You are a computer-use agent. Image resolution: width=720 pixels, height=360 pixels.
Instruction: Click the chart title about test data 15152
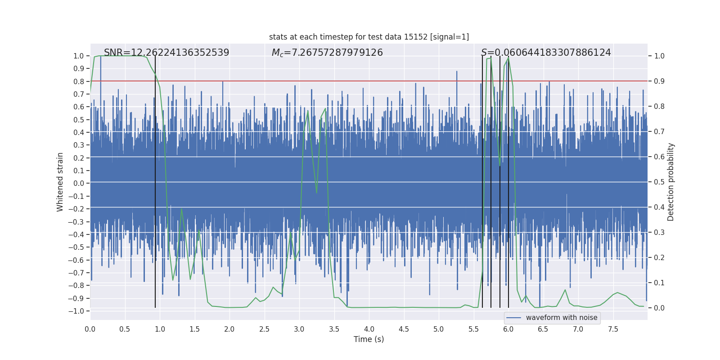369,37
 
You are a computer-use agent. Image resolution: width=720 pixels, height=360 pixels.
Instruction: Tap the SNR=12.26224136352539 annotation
166,53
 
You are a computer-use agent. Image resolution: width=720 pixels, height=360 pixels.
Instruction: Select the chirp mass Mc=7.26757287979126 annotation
327,53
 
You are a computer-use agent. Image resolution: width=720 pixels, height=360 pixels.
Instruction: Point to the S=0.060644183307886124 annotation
546,53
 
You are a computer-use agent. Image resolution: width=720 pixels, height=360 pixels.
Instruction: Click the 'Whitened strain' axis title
60,182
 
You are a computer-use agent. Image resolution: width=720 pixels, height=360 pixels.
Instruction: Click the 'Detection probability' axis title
671,182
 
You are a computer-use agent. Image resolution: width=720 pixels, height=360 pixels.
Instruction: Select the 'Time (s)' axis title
369,339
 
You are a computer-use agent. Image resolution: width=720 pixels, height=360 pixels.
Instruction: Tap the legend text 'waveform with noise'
562,318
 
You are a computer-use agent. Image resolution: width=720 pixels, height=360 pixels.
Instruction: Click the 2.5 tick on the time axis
264,329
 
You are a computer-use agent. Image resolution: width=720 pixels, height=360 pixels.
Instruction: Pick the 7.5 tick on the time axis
613,329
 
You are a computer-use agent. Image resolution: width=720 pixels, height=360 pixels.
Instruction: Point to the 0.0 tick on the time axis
90,329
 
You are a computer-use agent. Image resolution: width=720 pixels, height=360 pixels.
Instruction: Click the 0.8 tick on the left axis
79,81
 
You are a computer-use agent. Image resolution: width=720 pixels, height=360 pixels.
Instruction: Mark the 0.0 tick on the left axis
79,183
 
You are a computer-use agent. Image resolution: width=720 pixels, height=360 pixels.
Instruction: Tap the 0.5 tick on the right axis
659,182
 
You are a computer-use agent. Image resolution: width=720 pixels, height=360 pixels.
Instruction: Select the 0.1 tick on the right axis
659,283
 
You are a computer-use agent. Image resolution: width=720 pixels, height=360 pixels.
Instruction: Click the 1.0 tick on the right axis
659,56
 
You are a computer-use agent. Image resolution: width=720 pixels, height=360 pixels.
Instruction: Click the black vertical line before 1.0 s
155,180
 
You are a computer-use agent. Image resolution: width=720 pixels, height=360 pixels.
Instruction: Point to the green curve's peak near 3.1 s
308,111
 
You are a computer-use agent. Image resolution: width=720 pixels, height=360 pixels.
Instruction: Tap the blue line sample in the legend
513,318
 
